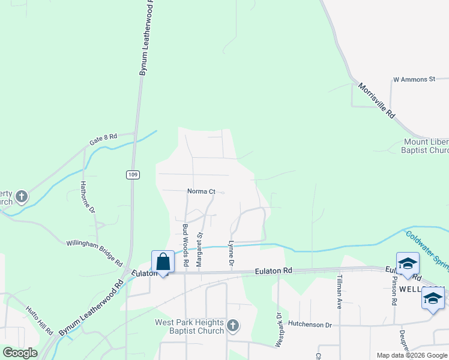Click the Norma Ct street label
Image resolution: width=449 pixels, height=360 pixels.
pos(201,191)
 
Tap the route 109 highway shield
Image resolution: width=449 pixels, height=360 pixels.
pos(133,175)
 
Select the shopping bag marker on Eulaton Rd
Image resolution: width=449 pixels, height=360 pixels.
pos(163,262)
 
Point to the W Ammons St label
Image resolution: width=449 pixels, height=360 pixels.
pos(414,79)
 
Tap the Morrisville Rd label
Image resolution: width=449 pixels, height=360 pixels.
pos(377,100)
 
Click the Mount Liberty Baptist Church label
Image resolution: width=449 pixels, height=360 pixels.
pos(426,146)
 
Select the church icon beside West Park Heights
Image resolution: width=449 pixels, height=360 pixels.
pos(233,326)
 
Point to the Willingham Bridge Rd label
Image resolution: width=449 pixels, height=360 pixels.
pos(94,251)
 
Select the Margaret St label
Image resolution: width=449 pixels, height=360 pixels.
pos(200,250)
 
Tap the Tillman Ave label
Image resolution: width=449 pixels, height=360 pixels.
pos(339,292)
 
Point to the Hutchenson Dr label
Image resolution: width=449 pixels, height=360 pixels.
pos(310,325)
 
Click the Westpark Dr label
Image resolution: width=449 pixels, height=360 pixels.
pos(279,329)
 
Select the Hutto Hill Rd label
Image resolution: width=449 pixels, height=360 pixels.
pos(40,320)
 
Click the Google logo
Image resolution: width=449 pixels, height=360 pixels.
pos(20,353)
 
